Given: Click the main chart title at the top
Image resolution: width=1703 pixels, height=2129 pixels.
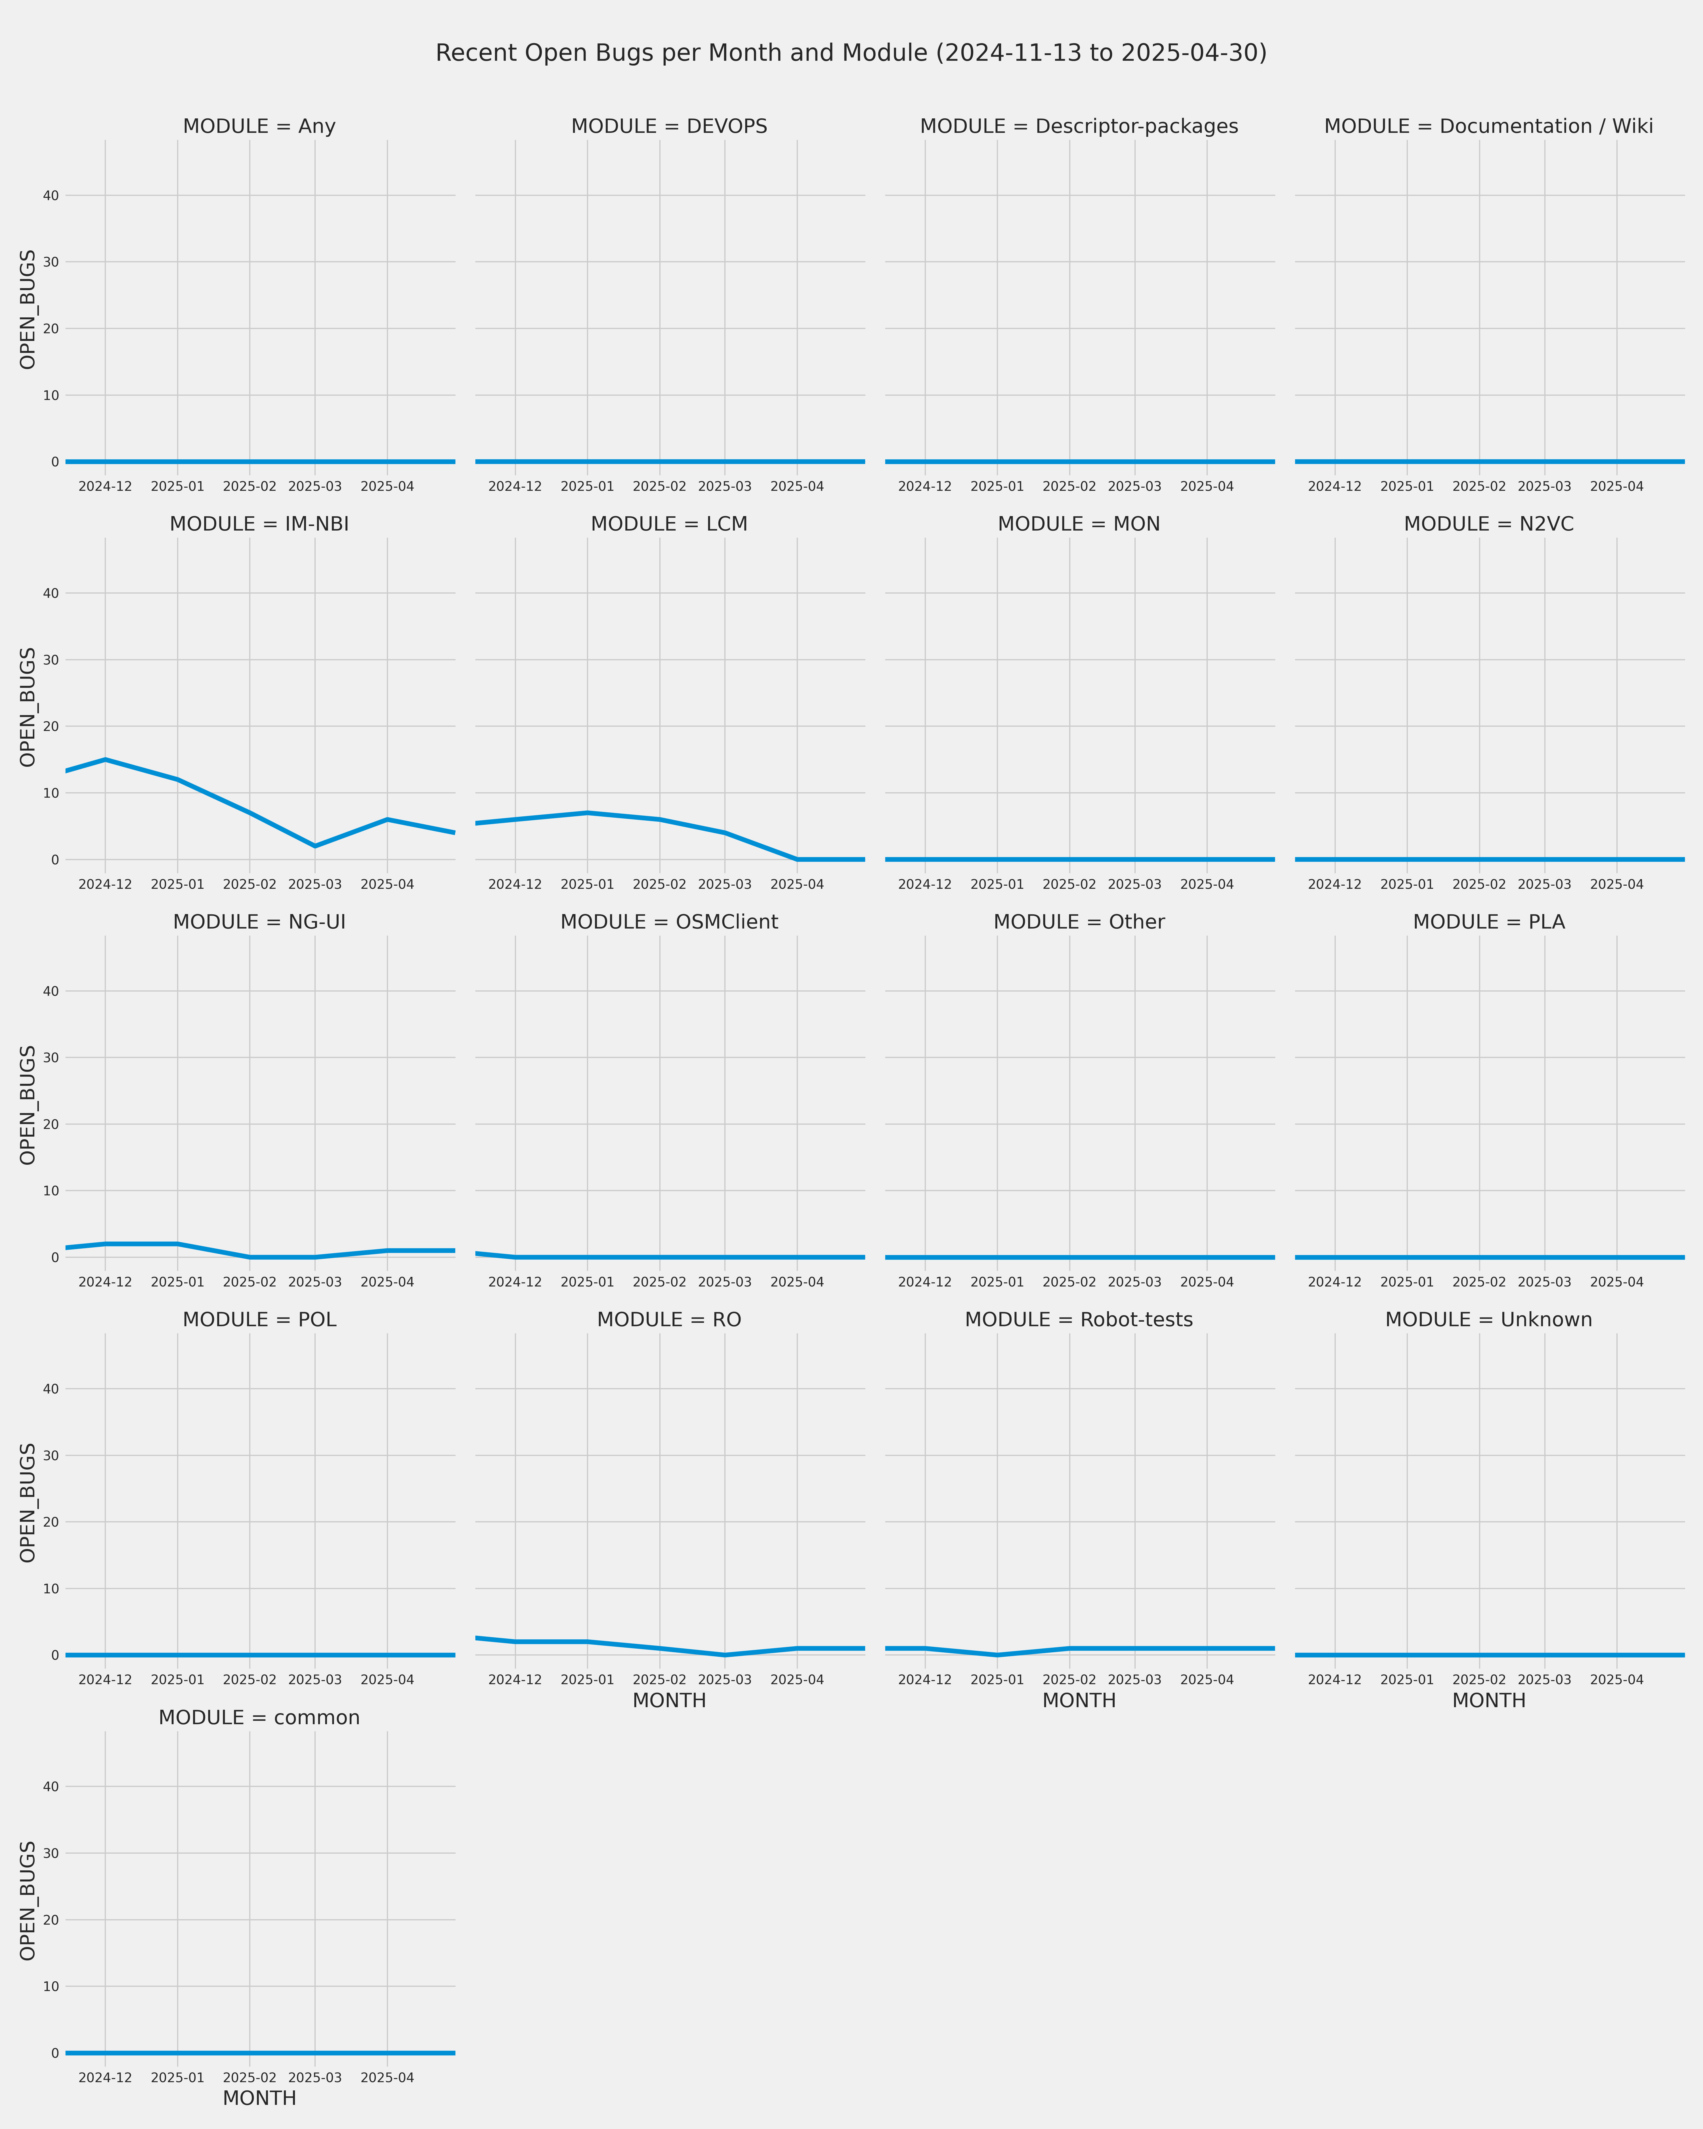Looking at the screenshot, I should (851, 53).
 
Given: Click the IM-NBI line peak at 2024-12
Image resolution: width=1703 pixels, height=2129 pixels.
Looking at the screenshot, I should (106, 759).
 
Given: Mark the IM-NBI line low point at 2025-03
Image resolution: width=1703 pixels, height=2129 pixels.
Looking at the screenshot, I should (315, 846).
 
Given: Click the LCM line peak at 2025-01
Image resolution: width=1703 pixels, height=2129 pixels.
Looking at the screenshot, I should (588, 813).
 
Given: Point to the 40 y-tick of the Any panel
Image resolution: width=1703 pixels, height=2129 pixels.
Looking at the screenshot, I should (50, 196).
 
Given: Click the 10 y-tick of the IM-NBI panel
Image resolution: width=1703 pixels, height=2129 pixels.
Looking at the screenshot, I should (50, 793).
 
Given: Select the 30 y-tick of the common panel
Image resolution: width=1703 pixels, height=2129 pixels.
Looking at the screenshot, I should (50, 1853).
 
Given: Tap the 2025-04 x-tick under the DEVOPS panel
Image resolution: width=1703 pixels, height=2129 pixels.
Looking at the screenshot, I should (797, 487).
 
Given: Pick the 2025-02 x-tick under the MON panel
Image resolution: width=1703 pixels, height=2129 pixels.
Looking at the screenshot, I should (1069, 885).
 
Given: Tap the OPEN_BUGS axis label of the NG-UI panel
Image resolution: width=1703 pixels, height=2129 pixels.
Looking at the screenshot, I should (28, 1105).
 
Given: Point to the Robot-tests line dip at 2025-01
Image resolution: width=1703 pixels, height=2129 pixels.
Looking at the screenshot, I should (997, 1655).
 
